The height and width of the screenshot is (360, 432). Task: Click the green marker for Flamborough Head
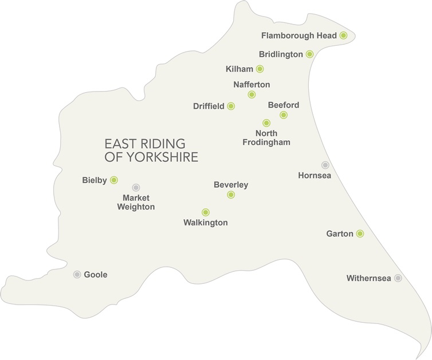coord(343,35)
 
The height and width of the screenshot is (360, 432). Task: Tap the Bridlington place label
coord(280,54)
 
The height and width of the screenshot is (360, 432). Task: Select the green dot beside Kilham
coord(260,69)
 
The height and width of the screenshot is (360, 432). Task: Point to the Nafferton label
coord(252,85)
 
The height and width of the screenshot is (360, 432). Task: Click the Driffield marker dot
coord(231,106)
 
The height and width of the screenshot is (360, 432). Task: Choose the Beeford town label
coord(284,105)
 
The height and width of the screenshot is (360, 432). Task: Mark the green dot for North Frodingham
coord(266,123)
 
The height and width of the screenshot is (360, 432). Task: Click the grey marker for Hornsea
coord(325,165)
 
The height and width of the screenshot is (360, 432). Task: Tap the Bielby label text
coord(95,180)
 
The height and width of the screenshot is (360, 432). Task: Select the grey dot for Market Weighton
coord(136,187)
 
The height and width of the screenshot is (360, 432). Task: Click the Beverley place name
coord(231,184)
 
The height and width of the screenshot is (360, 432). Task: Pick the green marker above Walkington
coord(206,212)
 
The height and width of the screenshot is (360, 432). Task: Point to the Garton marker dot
coord(360,234)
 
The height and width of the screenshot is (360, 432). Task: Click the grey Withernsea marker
coord(398,278)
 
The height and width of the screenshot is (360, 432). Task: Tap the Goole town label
coord(96,275)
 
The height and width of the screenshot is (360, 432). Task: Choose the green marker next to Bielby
coord(114,180)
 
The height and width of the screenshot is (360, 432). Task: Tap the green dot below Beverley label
coord(231,195)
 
